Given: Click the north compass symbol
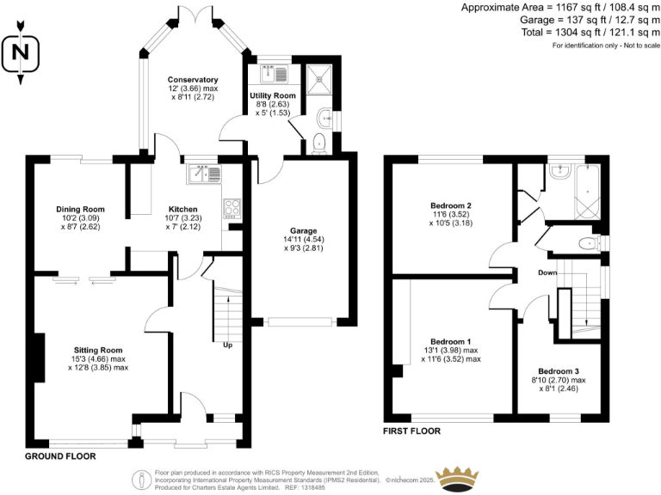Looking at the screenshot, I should [22, 55].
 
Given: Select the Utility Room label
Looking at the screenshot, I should [273, 95].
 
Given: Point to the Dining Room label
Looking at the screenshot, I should [80, 209].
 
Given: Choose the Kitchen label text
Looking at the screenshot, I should [182, 209].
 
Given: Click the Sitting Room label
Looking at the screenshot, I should [97, 350].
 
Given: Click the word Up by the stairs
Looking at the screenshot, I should [227, 345].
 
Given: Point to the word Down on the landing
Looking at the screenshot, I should [547, 272].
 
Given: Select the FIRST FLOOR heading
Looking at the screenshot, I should [411, 431].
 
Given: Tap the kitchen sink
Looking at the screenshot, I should [204, 173].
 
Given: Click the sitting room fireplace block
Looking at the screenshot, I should [39, 357].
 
